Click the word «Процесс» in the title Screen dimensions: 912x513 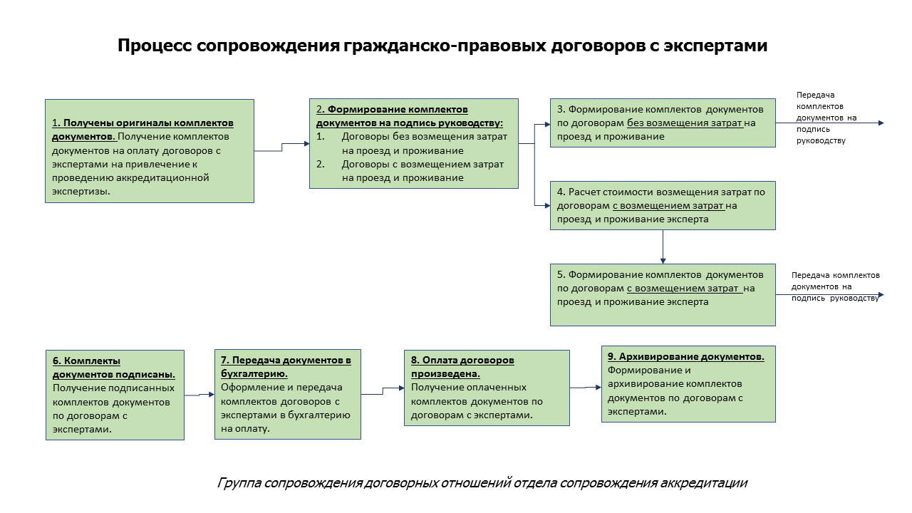point(155,46)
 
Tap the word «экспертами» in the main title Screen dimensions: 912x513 point(715,46)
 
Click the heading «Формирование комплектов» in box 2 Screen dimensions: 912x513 point(398,110)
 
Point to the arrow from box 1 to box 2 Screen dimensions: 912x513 point(281,147)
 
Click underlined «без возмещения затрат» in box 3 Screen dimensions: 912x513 point(685,123)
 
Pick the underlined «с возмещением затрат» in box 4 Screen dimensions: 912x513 point(668,206)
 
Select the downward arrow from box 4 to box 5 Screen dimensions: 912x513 point(663,247)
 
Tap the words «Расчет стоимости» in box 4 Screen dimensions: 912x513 point(611,192)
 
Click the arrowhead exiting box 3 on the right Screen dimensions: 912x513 point(881,123)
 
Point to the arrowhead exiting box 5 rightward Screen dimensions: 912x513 point(881,295)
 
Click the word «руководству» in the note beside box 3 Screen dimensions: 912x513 point(821,141)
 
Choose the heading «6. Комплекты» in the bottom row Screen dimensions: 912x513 point(86,361)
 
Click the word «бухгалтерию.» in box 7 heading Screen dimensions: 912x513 point(254,374)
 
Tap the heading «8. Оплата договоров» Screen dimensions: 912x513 point(462,361)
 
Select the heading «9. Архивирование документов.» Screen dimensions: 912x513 point(686,357)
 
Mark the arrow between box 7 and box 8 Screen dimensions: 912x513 point(383,391)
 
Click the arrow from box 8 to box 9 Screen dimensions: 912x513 point(586,388)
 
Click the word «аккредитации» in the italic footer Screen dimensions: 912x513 point(703,483)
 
